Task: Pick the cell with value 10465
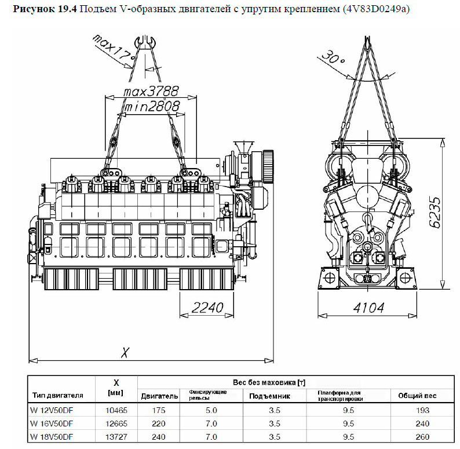116,410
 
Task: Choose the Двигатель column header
159,396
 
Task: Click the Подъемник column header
270,396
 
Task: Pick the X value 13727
116,435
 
